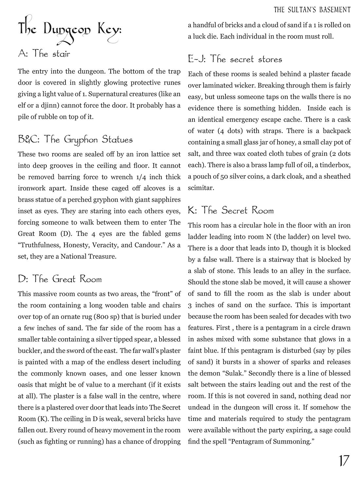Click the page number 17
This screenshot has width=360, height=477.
click(x=344, y=461)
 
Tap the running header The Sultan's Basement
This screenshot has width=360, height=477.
click(x=312, y=10)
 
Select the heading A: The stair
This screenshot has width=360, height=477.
click(x=44, y=54)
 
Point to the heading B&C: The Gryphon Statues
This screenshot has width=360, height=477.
click(x=75, y=140)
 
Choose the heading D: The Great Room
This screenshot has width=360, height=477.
click(x=60, y=279)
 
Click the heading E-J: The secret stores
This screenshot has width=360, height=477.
click(x=235, y=59)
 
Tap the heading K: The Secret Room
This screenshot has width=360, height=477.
click(x=231, y=210)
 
